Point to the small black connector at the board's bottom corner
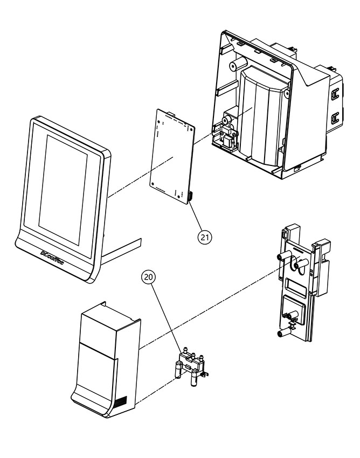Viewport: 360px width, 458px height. click(x=191, y=198)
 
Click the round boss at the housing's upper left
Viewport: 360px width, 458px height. click(x=234, y=66)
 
